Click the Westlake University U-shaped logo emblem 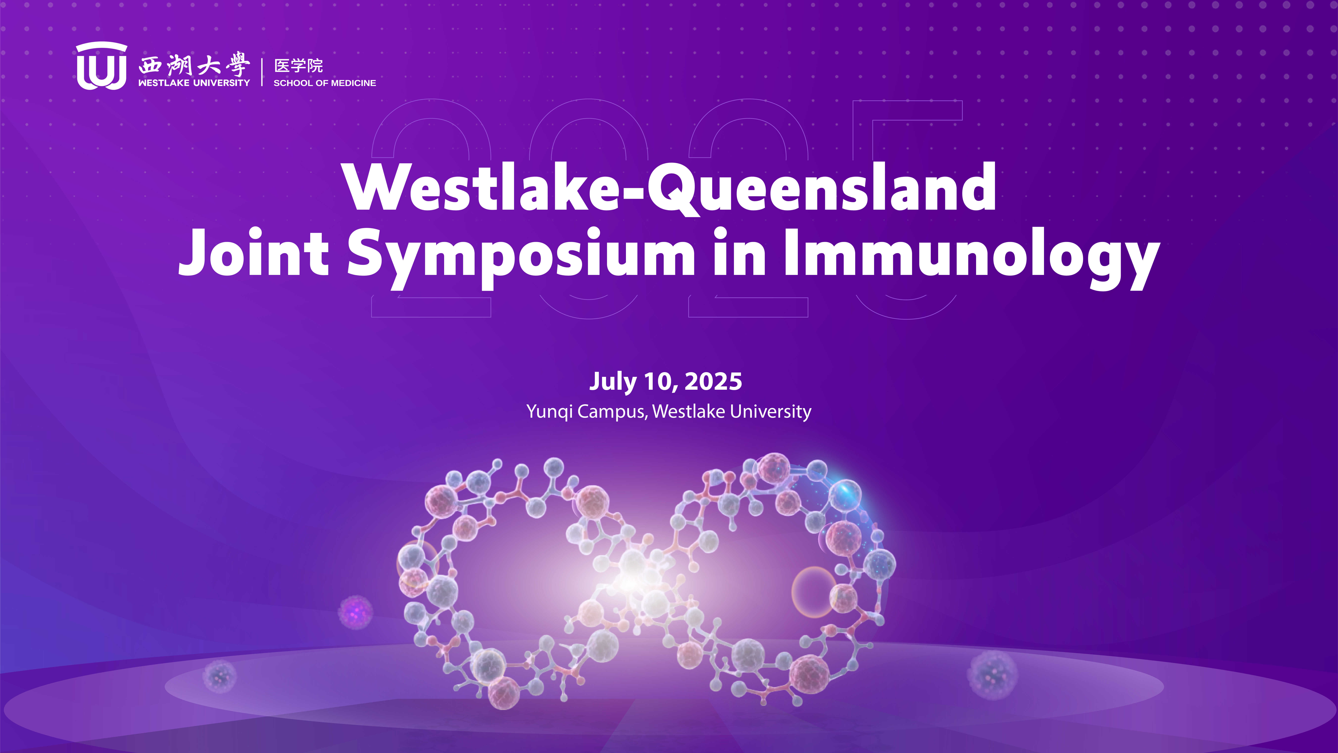coord(101,66)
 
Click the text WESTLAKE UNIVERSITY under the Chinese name coord(194,83)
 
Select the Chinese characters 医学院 coord(299,65)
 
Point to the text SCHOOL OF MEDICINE coord(325,83)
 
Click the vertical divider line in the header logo coord(262,72)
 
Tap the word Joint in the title coord(254,252)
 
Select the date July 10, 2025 coord(665,382)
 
